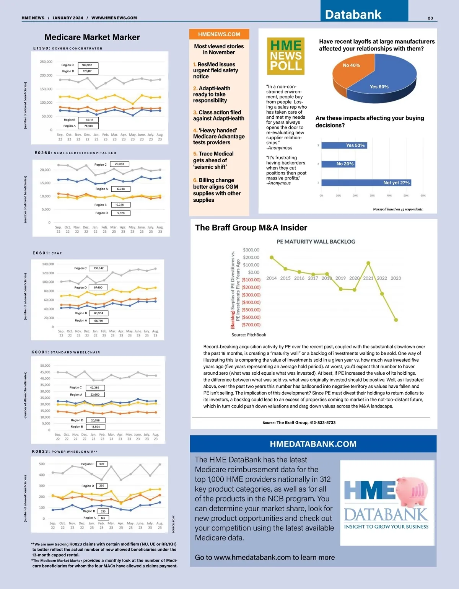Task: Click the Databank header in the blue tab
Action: [x=353, y=15]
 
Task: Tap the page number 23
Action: [x=430, y=18]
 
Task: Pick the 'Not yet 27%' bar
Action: [x=366, y=183]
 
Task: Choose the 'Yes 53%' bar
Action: [x=344, y=145]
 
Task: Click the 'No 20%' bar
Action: [x=338, y=164]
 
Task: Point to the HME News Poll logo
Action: [x=286, y=56]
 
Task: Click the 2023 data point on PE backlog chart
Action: [x=396, y=320]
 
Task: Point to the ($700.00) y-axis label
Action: [x=251, y=325]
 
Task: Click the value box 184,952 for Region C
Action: [x=88, y=65]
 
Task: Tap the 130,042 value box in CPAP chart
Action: [x=98, y=268]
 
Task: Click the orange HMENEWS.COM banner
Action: [x=219, y=34]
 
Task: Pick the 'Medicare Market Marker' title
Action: [x=92, y=37]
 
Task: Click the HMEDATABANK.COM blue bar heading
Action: [x=313, y=444]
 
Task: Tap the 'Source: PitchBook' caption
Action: [x=249, y=335]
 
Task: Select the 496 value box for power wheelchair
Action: [x=102, y=464]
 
